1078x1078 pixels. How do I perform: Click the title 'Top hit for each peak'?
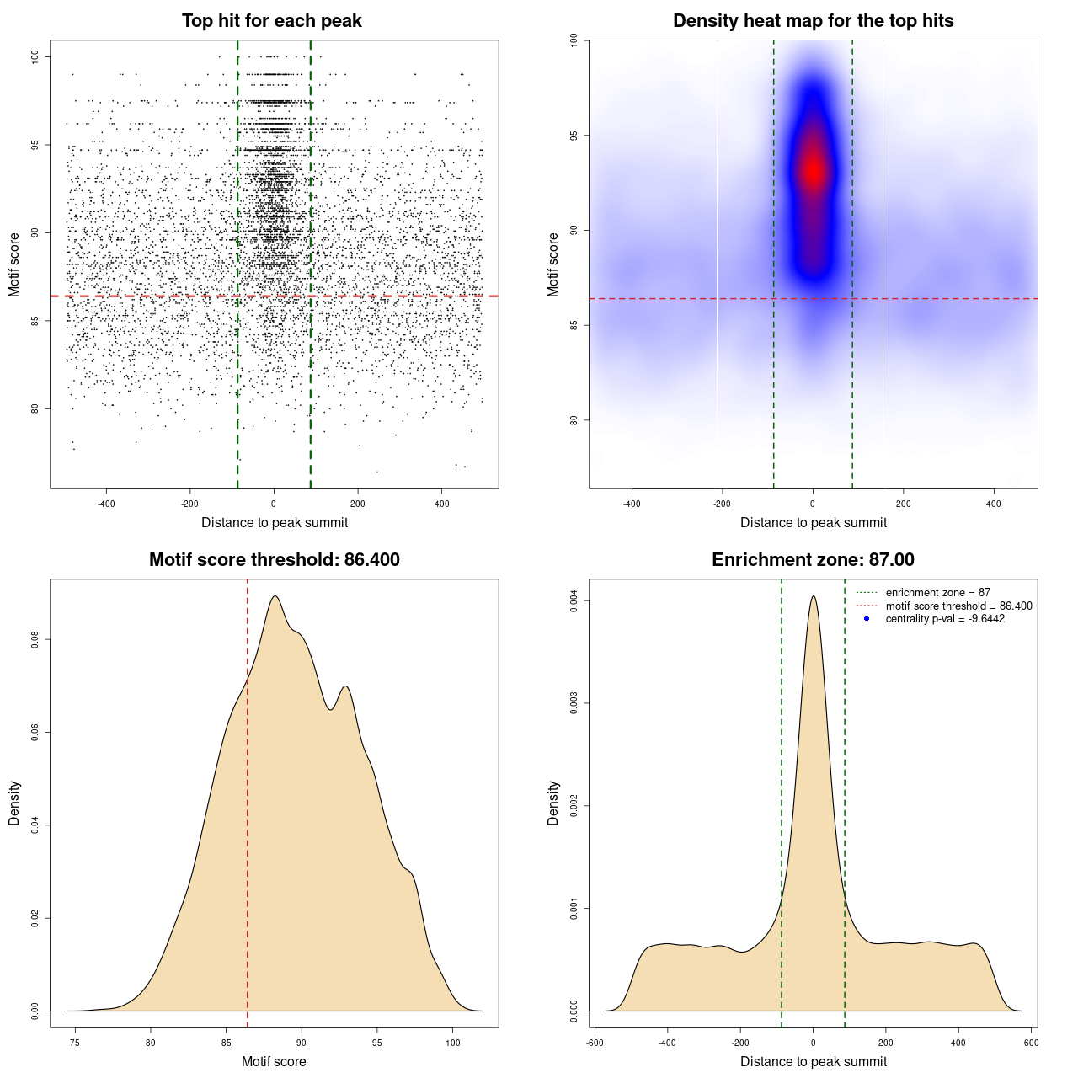coord(272,21)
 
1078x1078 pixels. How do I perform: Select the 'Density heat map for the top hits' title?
coord(813,21)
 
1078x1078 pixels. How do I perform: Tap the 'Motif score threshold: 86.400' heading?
coord(274,560)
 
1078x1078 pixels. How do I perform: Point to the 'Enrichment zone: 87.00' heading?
coord(813,560)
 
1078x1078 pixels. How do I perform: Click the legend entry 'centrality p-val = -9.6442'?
coord(945,619)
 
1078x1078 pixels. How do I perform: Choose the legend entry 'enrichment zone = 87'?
coord(937,593)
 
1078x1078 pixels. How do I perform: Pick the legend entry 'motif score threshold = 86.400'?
coord(958,606)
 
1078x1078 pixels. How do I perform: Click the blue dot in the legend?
coord(867,619)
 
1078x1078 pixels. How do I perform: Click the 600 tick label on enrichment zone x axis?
coord(1032,1043)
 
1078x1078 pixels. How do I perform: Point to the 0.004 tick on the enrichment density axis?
coord(574,600)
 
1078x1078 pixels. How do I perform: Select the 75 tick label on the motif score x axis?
coord(75,1043)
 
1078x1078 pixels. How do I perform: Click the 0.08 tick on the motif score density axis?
coord(35,640)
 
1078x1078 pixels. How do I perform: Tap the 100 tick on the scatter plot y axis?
coord(35,56)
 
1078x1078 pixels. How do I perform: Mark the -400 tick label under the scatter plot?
coord(106,504)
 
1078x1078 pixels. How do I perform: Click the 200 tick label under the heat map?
coord(904,504)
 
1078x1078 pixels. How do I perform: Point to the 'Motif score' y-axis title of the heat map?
coord(553,264)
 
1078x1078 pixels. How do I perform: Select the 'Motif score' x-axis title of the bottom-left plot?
coord(274,1061)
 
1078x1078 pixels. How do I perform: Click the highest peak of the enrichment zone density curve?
coord(813,596)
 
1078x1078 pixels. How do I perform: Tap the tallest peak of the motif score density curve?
coord(275,596)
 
